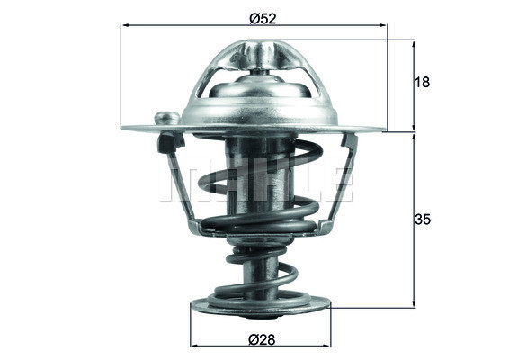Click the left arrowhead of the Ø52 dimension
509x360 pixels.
[x=125, y=26]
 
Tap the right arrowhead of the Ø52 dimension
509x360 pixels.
[x=384, y=26]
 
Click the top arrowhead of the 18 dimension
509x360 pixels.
[x=415, y=43]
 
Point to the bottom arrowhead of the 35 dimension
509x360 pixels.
[x=415, y=303]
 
